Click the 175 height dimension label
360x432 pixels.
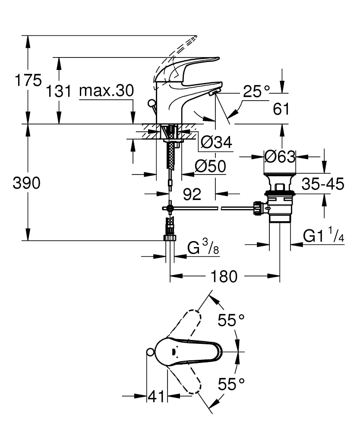pos(28,80)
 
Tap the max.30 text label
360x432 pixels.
pos(106,91)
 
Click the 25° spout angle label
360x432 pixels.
pos(256,91)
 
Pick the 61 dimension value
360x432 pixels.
pos(281,110)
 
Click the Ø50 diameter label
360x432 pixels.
pos(210,166)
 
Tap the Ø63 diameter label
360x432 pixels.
pos(279,156)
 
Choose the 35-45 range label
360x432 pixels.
pos(322,184)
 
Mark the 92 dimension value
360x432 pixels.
pos(192,195)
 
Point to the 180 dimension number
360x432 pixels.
pos(225,276)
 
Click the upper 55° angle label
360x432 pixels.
pos(231,320)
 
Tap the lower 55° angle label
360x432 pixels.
pos(231,384)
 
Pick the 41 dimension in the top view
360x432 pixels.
pos(156,396)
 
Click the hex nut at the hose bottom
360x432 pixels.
pos(170,237)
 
